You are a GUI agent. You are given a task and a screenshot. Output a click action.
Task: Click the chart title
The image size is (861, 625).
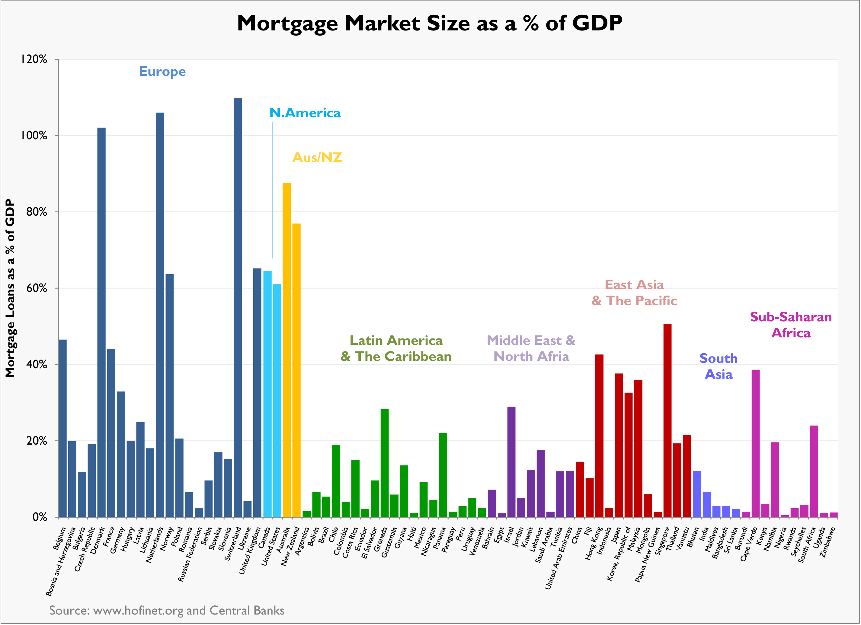(429, 24)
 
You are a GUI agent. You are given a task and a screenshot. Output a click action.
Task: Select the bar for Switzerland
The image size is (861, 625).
(238, 307)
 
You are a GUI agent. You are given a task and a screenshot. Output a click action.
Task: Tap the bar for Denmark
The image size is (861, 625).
(101, 322)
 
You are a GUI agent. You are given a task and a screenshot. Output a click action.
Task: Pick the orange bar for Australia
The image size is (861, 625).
(286, 350)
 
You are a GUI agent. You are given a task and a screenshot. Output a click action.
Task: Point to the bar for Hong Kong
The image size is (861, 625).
(599, 435)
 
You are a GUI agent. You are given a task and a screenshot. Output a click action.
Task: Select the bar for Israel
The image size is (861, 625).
(511, 462)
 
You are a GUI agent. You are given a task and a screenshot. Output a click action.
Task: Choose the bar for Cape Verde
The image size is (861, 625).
(755, 443)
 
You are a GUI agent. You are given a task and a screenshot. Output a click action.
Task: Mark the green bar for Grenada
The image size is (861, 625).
(385, 463)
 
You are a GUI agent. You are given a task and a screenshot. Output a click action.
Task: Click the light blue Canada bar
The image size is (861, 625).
(267, 394)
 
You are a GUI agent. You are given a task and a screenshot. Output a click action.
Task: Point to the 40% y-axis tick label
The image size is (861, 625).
(37, 364)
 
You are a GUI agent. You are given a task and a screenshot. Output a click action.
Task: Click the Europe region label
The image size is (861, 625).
(162, 72)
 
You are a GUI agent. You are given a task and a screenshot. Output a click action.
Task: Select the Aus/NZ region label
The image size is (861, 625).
(317, 157)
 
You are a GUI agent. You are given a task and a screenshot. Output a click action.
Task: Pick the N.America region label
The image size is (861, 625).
(305, 113)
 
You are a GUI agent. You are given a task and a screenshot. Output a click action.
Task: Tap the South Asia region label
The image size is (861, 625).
(718, 366)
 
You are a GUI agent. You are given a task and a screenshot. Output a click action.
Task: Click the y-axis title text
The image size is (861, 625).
(10, 288)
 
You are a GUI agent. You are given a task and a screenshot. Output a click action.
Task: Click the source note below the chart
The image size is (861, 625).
(167, 610)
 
